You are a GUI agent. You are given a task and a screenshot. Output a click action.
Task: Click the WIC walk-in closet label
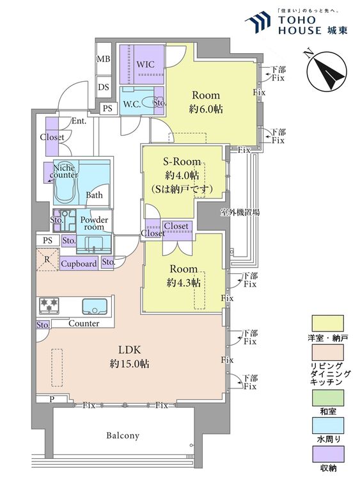(x=145, y=65)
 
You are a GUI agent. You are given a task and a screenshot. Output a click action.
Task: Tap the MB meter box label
(x=104, y=58)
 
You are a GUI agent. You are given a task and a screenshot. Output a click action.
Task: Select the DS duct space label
(x=104, y=87)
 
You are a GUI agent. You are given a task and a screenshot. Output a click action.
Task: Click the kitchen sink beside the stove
(x=95, y=306)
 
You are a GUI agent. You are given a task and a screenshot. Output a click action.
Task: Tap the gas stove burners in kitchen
(x=49, y=305)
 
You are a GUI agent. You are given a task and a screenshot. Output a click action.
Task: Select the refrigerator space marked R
(x=47, y=260)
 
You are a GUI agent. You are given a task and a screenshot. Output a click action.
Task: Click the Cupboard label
(x=79, y=264)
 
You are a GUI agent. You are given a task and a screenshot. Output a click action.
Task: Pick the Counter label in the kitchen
(x=84, y=323)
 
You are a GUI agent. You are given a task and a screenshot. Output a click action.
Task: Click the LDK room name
(x=129, y=349)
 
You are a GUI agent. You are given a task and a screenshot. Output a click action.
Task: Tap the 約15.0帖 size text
(x=129, y=364)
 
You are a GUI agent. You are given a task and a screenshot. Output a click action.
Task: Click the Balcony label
(x=123, y=435)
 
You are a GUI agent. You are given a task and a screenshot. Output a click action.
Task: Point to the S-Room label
(x=182, y=161)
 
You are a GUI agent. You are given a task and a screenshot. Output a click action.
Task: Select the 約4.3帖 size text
(x=184, y=283)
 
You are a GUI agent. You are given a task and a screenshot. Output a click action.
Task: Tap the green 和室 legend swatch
(x=327, y=397)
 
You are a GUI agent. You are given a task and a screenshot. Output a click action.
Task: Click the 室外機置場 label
(x=240, y=212)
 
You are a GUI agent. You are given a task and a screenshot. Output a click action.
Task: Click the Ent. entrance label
(x=79, y=121)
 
